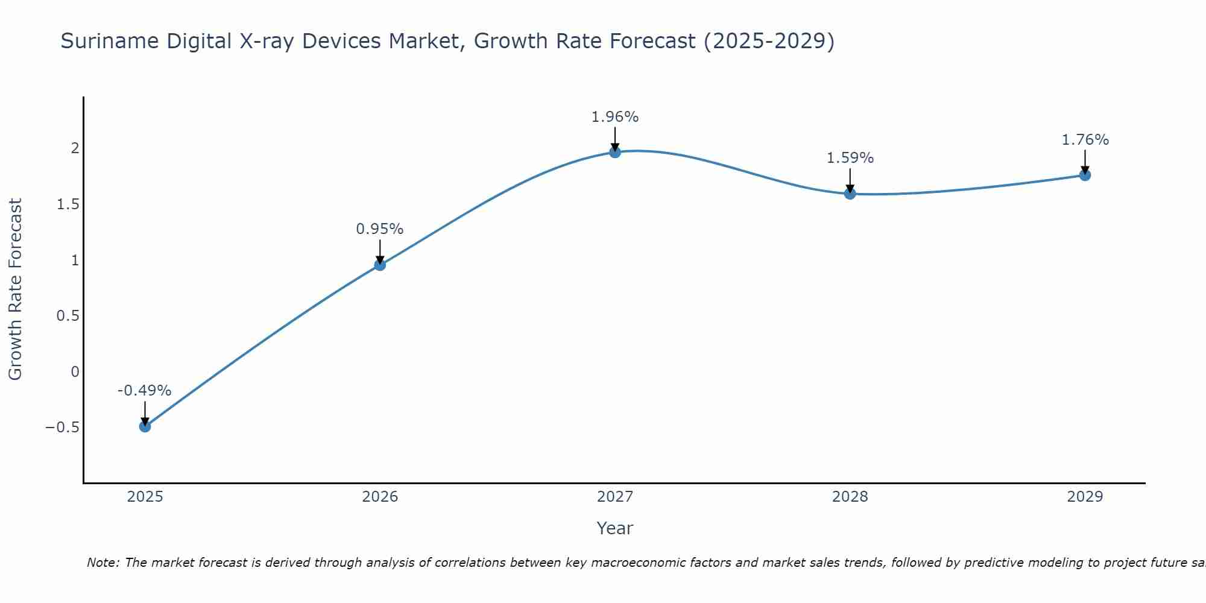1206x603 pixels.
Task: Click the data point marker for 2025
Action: click(x=145, y=426)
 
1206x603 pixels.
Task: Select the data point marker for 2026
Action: click(x=380, y=265)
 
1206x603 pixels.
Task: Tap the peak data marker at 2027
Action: click(x=615, y=152)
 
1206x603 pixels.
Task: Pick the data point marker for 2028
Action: click(x=850, y=194)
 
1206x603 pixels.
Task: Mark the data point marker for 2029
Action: click(x=1085, y=175)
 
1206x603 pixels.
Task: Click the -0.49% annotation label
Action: click(x=144, y=391)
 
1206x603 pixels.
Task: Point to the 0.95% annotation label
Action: click(x=379, y=229)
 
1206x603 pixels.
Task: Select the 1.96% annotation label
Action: click(x=614, y=117)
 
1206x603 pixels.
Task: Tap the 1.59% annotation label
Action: click(x=850, y=158)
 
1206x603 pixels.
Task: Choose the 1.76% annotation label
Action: click(x=1085, y=140)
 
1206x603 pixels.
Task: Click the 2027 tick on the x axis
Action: click(x=615, y=497)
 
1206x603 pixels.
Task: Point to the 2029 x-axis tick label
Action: click(x=1085, y=497)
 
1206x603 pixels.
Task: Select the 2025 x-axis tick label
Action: click(x=145, y=497)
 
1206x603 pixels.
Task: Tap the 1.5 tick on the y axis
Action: click(x=68, y=204)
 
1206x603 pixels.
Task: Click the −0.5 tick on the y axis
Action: click(x=62, y=428)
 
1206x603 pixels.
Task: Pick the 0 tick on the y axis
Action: click(x=75, y=372)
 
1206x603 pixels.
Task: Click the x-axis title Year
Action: click(x=614, y=528)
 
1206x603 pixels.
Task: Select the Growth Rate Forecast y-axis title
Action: click(x=15, y=289)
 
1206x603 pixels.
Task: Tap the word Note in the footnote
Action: click(x=103, y=563)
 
